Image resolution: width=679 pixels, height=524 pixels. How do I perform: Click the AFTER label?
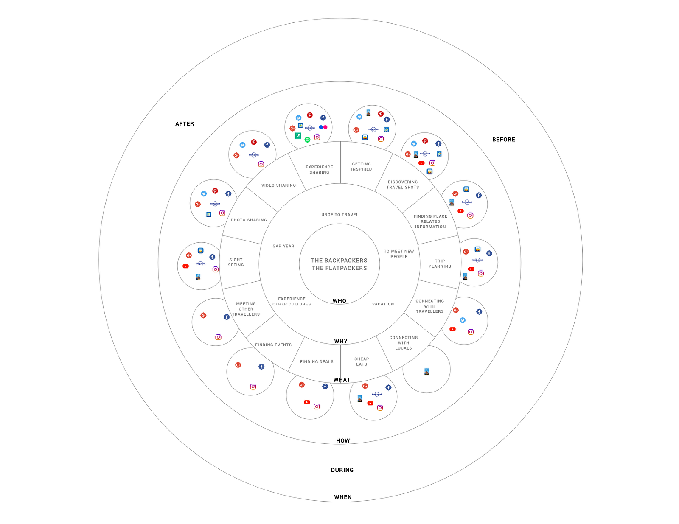(185, 124)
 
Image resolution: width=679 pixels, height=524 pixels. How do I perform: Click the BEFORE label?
(503, 140)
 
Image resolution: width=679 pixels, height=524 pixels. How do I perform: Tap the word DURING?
(342, 470)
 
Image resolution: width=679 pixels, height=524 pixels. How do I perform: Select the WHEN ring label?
(343, 497)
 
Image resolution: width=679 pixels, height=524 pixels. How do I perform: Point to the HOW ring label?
(343, 441)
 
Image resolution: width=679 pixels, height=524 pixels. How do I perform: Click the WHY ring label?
(341, 341)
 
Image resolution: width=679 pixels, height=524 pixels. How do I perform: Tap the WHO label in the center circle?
(339, 301)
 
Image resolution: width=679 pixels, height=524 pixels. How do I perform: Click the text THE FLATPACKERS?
(339, 268)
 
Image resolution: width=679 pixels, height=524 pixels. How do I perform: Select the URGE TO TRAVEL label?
(340, 215)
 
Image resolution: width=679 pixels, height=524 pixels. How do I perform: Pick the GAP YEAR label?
(283, 246)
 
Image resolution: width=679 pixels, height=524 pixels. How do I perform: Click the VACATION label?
(383, 304)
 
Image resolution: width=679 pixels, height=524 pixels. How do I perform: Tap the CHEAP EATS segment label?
(362, 361)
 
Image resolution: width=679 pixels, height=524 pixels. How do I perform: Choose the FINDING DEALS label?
(317, 362)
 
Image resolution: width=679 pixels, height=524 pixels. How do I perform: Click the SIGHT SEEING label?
(236, 263)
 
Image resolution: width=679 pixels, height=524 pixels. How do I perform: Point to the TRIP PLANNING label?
(440, 264)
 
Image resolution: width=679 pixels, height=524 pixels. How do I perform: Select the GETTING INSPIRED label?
(362, 166)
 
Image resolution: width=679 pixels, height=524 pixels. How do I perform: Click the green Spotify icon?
(308, 140)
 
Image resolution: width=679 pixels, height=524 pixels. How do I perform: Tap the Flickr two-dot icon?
(323, 127)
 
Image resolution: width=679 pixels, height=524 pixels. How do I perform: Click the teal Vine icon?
(298, 136)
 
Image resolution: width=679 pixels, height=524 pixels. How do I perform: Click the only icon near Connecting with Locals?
(426, 372)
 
